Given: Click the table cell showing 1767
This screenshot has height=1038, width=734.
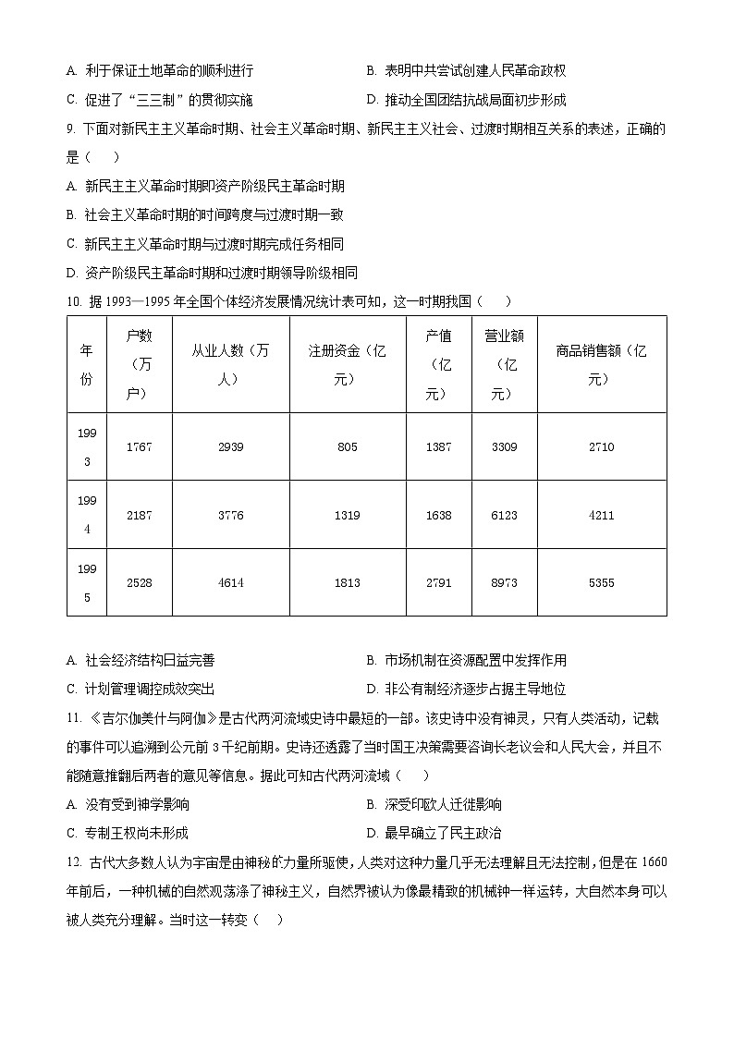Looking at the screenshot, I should point(139,447).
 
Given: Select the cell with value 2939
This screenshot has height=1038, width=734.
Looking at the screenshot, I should point(230,447).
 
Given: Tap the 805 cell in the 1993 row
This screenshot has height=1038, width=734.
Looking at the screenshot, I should point(347,447).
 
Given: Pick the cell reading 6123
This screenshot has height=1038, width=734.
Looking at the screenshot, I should point(504,516).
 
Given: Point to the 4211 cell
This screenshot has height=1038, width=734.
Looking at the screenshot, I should point(601,516).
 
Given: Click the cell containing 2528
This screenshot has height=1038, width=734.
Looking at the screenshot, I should point(139,583).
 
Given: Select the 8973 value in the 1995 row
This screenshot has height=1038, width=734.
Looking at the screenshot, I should point(504,583).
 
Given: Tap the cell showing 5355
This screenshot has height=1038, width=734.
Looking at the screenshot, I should point(601,583).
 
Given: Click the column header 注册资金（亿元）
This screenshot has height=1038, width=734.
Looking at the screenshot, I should point(347,364).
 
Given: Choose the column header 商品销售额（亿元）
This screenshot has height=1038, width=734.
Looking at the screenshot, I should point(601,364).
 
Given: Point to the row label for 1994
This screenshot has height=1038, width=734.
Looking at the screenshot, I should point(86,515).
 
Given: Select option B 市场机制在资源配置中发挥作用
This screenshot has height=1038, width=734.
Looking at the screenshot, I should point(466,661).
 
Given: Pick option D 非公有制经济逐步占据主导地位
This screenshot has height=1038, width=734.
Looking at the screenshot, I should point(466,690).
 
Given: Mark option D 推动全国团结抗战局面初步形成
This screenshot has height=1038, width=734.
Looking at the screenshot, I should point(466,101).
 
